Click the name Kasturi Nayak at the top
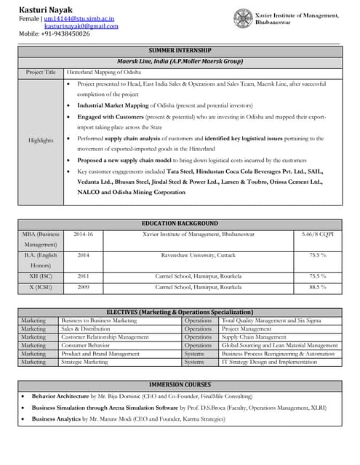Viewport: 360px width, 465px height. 45,7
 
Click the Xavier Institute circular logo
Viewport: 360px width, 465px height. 242,17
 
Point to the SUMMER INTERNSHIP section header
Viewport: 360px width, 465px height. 180,51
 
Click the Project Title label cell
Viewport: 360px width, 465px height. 41,73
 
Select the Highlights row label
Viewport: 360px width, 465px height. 41,140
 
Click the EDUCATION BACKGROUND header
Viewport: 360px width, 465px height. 180,223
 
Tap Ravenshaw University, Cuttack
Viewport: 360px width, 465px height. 198,256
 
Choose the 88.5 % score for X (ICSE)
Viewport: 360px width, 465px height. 317,288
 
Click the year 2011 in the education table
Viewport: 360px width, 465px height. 83,277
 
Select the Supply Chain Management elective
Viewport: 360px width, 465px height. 254,337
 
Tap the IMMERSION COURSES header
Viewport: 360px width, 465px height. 180,384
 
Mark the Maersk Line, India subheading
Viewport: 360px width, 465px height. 180,62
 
